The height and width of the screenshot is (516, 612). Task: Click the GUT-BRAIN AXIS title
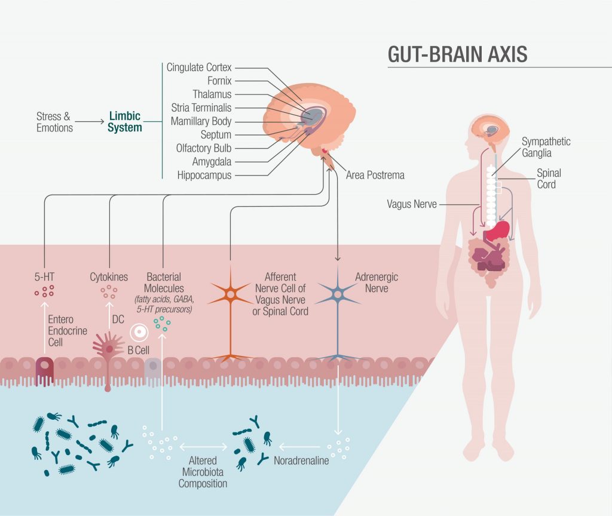click(457, 54)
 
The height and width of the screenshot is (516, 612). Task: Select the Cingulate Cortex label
click(199, 67)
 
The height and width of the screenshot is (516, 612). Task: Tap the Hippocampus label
click(204, 175)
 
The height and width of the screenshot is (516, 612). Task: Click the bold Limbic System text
click(125, 122)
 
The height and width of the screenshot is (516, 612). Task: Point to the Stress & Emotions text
click(54, 122)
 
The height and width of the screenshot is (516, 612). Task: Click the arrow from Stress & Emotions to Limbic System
click(90, 122)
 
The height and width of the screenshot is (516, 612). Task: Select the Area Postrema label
click(375, 175)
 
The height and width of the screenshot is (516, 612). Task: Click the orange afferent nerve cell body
click(230, 294)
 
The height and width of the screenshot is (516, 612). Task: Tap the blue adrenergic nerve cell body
click(338, 294)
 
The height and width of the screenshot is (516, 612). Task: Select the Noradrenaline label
click(301, 460)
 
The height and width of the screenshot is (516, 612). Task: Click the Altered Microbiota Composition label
click(203, 472)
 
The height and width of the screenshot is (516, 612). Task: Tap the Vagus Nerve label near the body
click(411, 204)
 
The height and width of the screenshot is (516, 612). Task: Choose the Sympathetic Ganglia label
click(546, 146)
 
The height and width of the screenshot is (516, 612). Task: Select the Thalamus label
click(212, 94)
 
